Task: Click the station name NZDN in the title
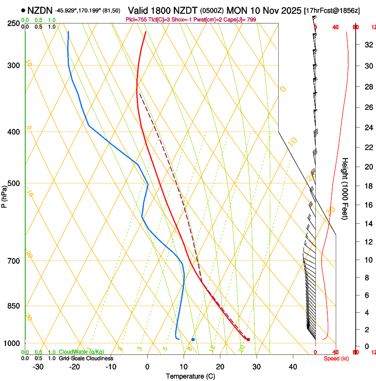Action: point(40,10)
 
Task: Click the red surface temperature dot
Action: point(248,339)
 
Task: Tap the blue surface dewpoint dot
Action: point(193,339)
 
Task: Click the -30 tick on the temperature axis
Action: point(38,367)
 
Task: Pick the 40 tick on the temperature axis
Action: point(292,367)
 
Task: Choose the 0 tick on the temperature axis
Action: point(147,367)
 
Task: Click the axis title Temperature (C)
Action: point(190,377)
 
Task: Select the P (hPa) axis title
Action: point(4,195)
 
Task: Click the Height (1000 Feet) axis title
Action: point(345,188)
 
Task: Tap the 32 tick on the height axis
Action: point(368,45)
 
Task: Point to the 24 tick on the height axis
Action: point(368,128)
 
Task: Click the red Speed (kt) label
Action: point(336,358)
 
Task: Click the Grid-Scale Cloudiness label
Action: point(86,358)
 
